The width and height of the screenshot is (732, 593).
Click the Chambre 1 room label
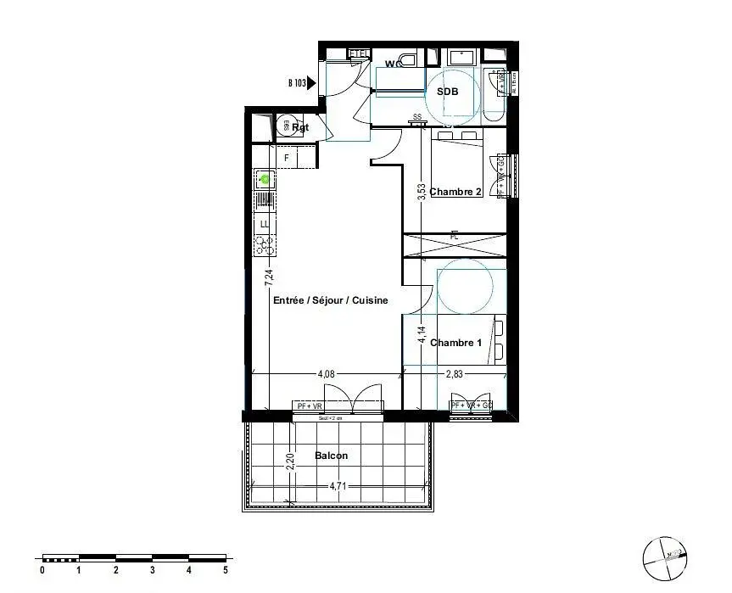click(455, 343)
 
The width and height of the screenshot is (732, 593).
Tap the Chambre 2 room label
click(455, 192)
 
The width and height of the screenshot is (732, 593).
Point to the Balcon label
click(331, 456)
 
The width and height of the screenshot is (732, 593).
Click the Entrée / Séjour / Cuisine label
click(330, 300)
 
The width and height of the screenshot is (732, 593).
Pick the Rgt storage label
click(300, 128)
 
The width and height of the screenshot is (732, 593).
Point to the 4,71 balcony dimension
click(339, 486)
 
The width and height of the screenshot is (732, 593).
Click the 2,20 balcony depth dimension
click(292, 463)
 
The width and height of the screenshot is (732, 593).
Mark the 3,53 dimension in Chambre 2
click(422, 192)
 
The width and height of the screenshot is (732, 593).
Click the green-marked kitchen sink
click(265, 179)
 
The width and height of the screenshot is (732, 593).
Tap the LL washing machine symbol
click(265, 223)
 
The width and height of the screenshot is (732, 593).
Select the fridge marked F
click(287, 158)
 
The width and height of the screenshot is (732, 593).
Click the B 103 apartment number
click(296, 83)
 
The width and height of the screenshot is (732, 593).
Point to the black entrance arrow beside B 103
click(311, 83)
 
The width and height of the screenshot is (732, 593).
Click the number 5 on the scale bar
click(226, 570)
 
